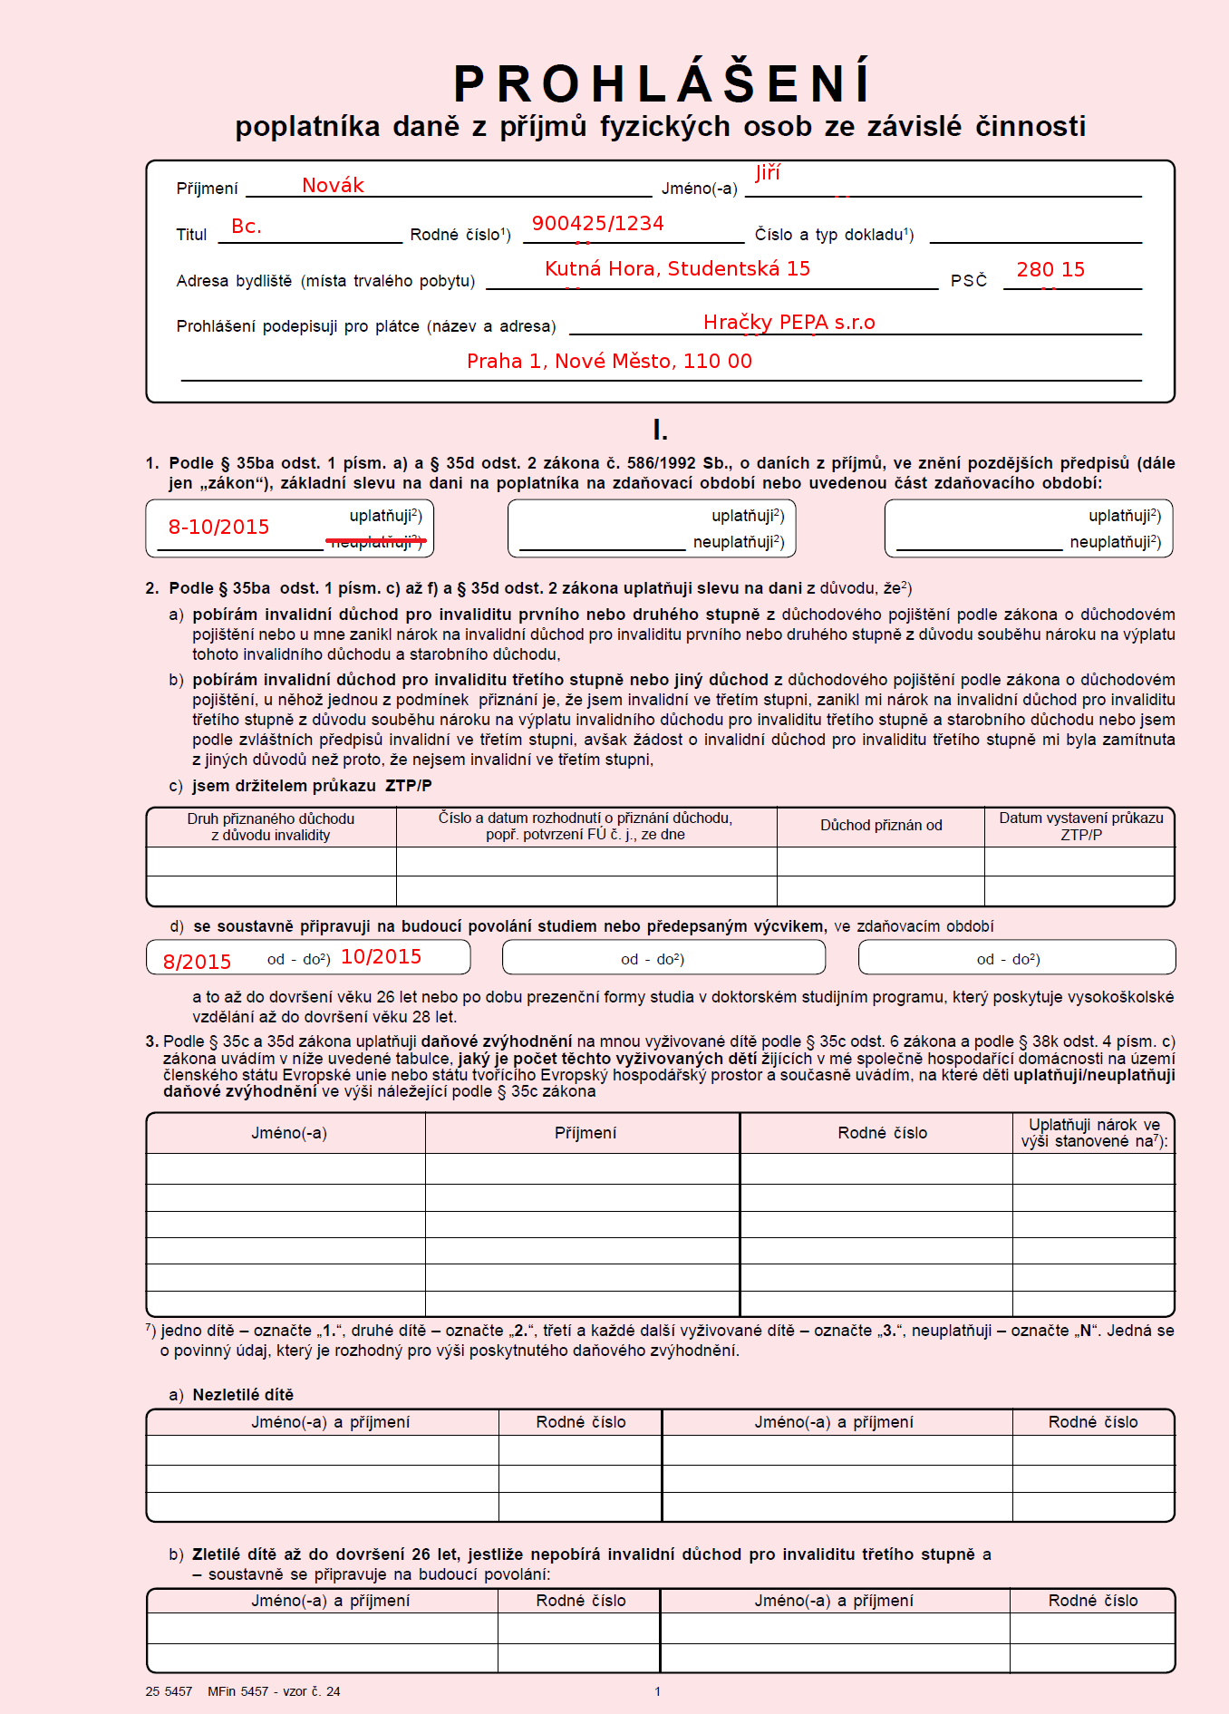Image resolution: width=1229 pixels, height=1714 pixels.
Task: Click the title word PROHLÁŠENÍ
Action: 661,84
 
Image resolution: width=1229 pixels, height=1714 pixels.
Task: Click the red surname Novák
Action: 333,186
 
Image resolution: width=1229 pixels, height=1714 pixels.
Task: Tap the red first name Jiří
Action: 767,172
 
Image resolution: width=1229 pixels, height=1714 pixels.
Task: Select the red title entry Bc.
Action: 247,227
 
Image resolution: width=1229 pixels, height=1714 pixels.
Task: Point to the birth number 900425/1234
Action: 597,224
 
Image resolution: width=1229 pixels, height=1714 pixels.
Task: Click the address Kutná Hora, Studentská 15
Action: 677,269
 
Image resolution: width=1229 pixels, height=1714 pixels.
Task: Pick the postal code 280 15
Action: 1050,270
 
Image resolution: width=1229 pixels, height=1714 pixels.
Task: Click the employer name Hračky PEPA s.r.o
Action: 789,323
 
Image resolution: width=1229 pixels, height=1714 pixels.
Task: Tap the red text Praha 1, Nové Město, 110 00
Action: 609,362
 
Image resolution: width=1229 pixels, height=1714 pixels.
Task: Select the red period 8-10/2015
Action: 218,528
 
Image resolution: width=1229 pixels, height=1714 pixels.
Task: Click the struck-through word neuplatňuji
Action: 375,542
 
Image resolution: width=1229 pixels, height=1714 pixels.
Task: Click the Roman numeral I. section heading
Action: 660,431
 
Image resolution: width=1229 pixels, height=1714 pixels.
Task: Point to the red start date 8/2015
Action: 197,962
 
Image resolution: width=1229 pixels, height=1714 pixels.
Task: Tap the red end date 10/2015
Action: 381,957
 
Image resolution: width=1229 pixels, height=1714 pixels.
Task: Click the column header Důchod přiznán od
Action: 881,826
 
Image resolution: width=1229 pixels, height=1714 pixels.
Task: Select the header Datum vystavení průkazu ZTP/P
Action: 1080,826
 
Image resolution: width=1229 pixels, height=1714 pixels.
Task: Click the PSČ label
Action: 968,281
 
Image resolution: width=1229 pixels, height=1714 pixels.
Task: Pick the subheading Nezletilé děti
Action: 243,1395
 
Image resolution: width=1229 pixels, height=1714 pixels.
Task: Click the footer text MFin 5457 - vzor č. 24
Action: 274,1691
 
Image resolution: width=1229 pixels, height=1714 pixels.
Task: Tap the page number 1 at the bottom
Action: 657,1691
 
